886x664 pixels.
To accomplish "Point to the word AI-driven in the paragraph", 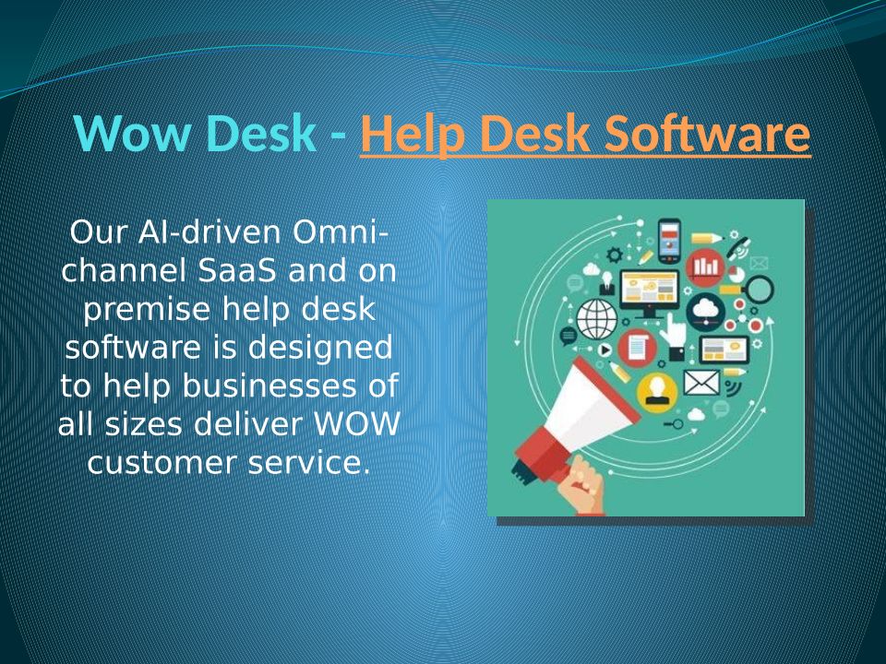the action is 210,231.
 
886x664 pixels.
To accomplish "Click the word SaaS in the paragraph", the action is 237,270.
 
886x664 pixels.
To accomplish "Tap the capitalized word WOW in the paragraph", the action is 356,424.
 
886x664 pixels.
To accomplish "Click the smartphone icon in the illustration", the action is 670,241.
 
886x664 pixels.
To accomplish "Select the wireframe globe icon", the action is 597,319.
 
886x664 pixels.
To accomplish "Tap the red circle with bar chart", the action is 706,267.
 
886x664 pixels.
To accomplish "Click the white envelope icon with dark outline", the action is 701,383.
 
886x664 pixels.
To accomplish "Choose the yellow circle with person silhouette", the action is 656,391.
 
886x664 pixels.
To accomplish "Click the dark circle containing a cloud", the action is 705,312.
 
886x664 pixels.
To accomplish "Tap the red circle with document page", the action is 638,348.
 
